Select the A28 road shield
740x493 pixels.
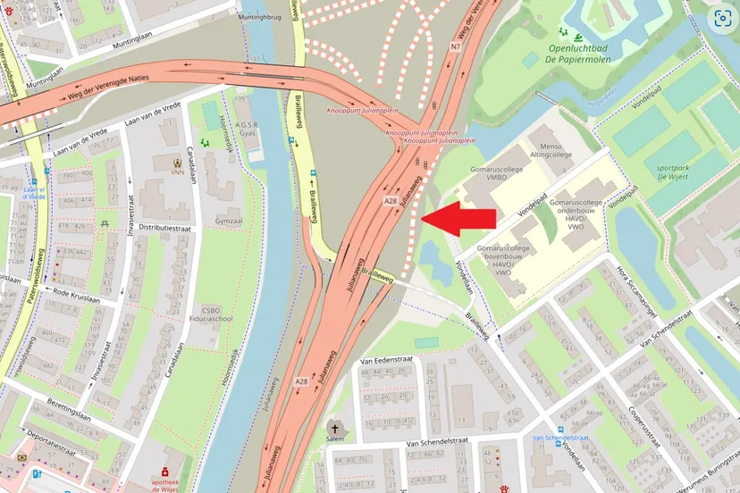pos(391,203)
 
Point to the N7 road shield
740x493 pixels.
pos(456,46)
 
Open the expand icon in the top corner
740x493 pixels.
pos(721,19)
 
